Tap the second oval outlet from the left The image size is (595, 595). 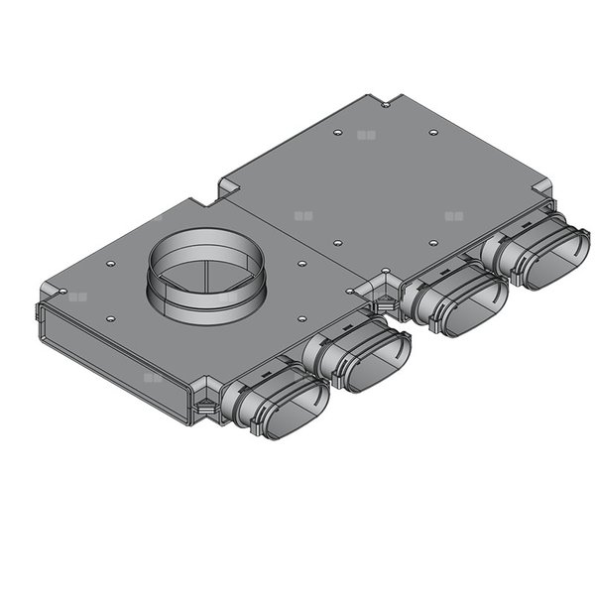coord(375,362)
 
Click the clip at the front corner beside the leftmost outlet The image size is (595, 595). coord(203,407)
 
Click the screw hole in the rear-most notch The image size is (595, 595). coord(384,102)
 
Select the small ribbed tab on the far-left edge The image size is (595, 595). coord(39,317)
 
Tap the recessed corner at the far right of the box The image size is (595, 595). coord(544,191)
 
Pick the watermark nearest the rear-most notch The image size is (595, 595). coord(367,134)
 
